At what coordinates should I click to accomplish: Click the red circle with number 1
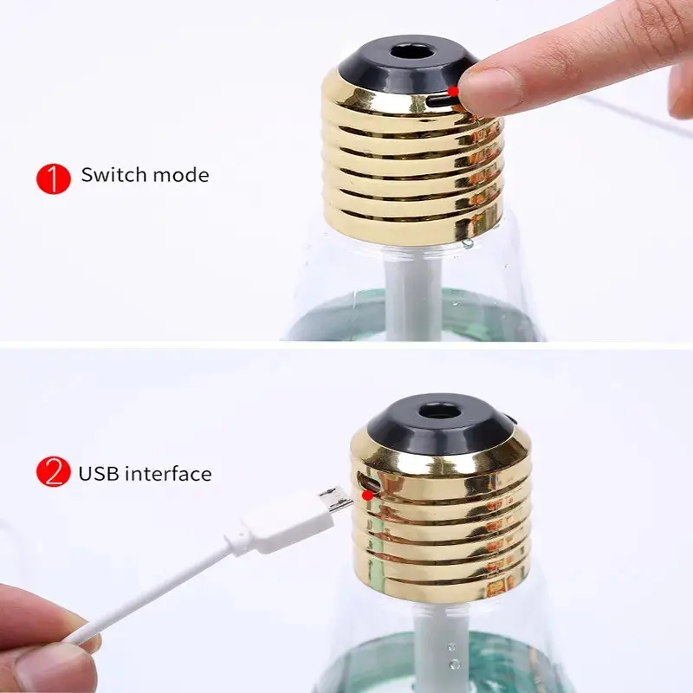tap(54, 179)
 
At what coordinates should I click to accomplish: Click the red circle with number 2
tap(54, 471)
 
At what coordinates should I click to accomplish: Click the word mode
tap(181, 176)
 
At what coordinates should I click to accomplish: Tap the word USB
tap(99, 473)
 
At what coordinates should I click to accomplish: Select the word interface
tap(168, 473)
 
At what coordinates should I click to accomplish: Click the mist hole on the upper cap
tap(411, 53)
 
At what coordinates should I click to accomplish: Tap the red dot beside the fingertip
tap(453, 91)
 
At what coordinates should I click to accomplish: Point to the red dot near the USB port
tap(366, 495)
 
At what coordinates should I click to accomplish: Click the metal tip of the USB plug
tap(335, 499)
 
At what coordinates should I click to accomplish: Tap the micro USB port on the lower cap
tap(369, 482)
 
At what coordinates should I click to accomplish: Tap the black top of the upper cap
tap(409, 65)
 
